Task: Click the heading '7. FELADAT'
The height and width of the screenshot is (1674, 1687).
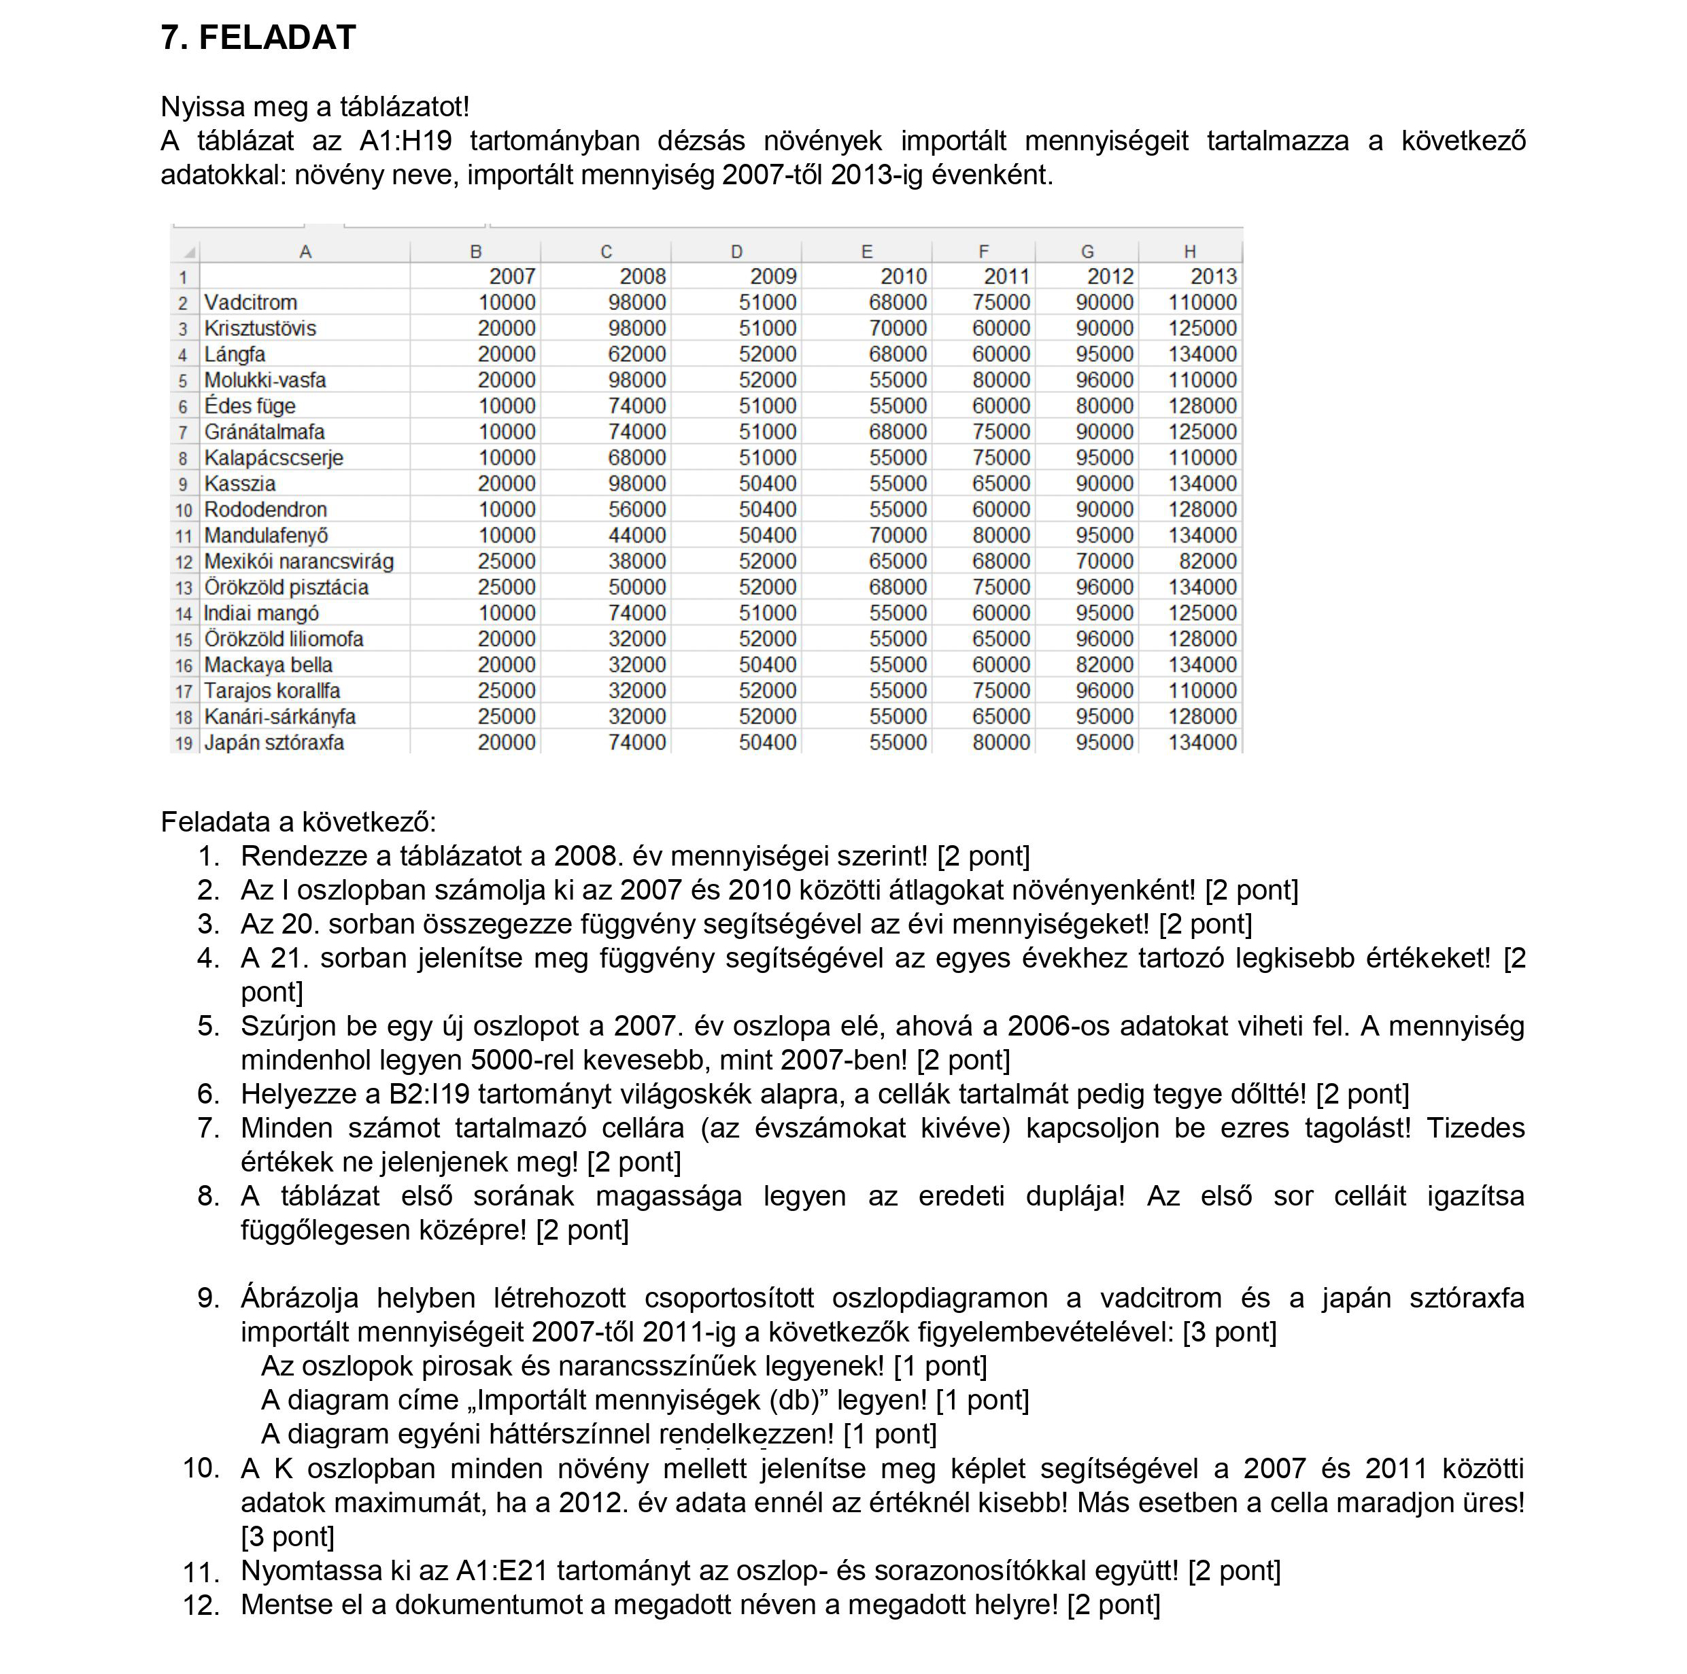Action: click(x=258, y=37)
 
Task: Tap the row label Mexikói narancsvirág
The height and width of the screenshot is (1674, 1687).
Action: click(x=299, y=561)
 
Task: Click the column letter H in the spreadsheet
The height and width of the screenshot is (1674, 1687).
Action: click(x=1189, y=252)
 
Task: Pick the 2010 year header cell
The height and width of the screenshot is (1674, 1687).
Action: click(x=903, y=277)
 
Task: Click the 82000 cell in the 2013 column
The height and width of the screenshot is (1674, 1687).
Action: click(x=1208, y=561)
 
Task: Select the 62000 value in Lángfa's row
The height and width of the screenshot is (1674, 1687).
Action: click(x=636, y=354)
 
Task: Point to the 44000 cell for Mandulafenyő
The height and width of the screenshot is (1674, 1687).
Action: click(x=636, y=535)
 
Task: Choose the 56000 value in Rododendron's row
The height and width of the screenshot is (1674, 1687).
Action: click(x=636, y=509)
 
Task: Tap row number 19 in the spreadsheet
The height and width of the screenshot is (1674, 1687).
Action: click(x=184, y=743)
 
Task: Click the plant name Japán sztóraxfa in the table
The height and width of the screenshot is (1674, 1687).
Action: click(x=274, y=742)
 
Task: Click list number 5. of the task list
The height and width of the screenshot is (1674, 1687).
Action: click(x=208, y=1025)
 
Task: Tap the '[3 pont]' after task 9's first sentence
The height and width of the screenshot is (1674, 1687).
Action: click(x=1229, y=1332)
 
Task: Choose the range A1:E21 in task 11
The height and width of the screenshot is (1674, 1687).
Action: click(x=501, y=1570)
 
